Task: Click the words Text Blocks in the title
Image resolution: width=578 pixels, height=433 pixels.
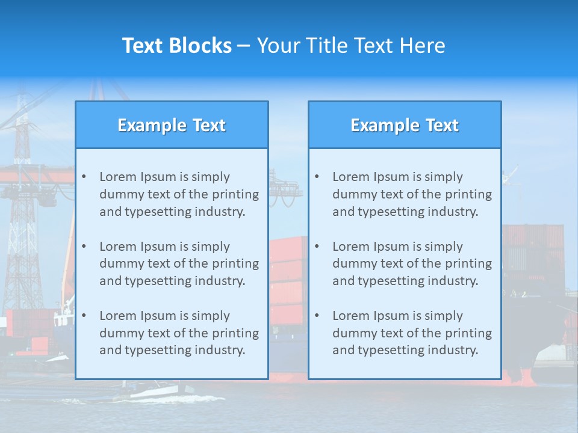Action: click(x=176, y=46)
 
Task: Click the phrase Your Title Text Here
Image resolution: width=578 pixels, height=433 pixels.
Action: click(x=351, y=46)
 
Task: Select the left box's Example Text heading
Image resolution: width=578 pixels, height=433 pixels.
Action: click(x=172, y=125)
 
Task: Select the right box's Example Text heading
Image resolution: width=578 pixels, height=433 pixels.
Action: click(x=405, y=125)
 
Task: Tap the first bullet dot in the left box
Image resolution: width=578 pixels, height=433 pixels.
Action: click(x=84, y=177)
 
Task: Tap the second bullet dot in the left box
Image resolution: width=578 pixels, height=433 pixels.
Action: click(x=84, y=247)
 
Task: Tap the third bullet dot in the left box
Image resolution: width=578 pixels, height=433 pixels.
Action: click(x=84, y=316)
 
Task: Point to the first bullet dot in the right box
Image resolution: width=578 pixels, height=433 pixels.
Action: click(x=317, y=177)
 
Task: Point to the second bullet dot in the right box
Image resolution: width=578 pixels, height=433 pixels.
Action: click(x=317, y=247)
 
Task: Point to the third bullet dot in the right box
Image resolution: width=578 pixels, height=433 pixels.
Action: click(x=317, y=316)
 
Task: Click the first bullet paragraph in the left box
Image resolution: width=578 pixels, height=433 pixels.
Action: click(x=179, y=194)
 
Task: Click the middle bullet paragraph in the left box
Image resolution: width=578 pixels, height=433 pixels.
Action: click(x=179, y=263)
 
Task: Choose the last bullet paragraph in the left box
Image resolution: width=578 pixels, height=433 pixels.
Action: click(x=179, y=333)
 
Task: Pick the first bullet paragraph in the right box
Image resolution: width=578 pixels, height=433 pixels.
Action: click(x=412, y=194)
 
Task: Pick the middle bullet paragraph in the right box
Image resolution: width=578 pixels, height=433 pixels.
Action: click(x=412, y=263)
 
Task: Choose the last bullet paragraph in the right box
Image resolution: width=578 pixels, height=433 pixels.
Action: click(x=412, y=333)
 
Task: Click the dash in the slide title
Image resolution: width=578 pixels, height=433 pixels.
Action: click(x=244, y=46)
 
